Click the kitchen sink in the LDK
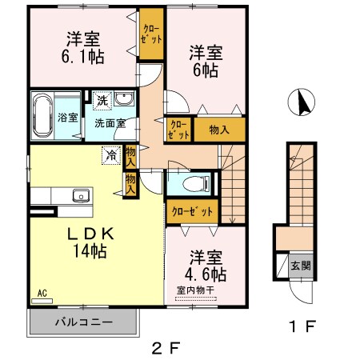[x=80, y=196]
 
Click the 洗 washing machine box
[x=102, y=100]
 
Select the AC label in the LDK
[x=40, y=294]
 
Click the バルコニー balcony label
[x=82, y=322]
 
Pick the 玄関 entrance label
[x=300, y=266]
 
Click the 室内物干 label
[x=196, y=290]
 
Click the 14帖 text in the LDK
[x=89, y=250]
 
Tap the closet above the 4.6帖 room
[x=193, y=211]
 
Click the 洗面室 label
[x=110, y=123]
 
